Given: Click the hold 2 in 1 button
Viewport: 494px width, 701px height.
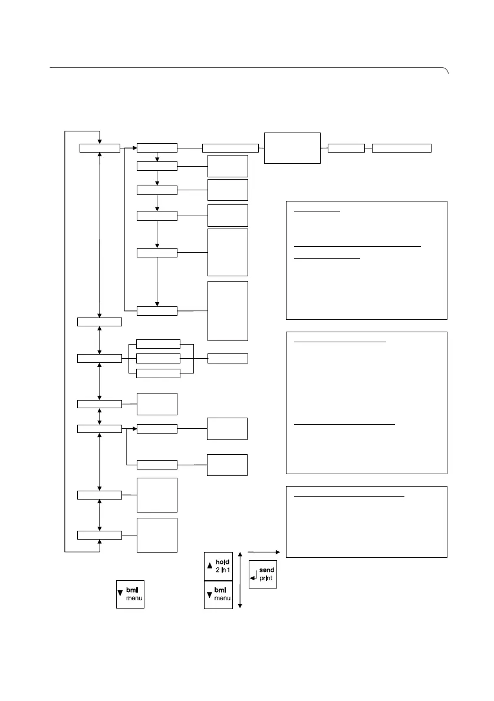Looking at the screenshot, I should click(219, 566).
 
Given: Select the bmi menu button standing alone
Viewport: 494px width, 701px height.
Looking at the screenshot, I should click(130, 594).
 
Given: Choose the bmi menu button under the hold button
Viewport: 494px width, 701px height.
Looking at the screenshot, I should click(219, 595).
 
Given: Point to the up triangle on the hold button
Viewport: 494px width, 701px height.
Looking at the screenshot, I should click(209, 566).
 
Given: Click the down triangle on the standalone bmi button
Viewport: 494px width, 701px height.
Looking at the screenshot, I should click(121, 594).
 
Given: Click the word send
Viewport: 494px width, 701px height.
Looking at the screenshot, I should click(266, 571).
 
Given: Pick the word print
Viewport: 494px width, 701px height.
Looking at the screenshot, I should click(266, 579).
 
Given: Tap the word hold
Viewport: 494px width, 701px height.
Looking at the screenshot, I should click(223, 562).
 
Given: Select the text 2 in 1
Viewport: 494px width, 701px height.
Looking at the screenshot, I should click(223, 570).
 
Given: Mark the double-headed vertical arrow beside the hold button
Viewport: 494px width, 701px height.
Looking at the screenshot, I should click(241, 580).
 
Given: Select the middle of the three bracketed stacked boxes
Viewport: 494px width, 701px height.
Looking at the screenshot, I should click(158, 358).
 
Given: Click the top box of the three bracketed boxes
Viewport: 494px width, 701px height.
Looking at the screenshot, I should click(158, 343).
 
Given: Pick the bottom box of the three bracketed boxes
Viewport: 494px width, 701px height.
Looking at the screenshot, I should click(158, 373).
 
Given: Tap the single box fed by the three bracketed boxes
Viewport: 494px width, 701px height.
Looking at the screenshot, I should click(228, 358).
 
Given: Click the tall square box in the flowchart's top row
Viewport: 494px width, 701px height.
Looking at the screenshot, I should click(292, 148).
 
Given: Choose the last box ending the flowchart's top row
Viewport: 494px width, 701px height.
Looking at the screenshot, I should click(402, 148).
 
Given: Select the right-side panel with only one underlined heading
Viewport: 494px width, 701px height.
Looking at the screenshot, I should click(366, 522).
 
